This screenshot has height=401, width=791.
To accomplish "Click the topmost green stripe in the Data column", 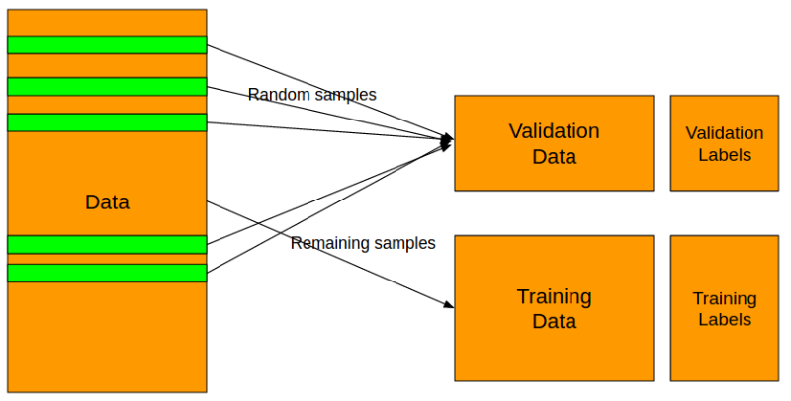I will [x=107, y=44].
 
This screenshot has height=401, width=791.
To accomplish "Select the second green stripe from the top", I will [x=107, y=87].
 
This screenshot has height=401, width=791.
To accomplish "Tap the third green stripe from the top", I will [x=107, y=122].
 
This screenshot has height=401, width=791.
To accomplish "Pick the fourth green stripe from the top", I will [x=107, y=244].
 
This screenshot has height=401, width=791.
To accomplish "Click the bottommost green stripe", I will [x=107, y=273].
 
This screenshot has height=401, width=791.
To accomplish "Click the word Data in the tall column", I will [x=107, y=202].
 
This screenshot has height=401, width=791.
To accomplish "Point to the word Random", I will [x=277, y=95].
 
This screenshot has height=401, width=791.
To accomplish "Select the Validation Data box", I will [x=554, y=143].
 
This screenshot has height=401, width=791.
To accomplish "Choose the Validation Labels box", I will [x=725, y=143].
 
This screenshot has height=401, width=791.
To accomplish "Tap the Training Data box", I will [x=554, y=308].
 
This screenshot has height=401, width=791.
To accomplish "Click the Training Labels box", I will [x=725, y=308].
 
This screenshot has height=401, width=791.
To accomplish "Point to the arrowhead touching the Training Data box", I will [x=449, y=304].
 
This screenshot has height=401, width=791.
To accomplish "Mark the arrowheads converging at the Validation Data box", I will [x=447, y=141].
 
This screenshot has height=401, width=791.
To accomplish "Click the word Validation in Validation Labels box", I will [x=725, y=133].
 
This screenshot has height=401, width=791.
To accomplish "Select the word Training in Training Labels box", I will [x=725, y=298].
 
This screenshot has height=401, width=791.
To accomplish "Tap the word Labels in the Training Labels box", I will [x=725, y=319].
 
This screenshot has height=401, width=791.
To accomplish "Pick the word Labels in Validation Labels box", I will [x=725, y=154].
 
